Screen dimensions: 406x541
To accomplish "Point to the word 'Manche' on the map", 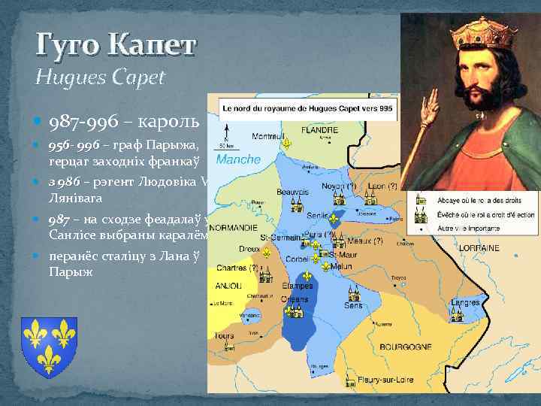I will [238, 159].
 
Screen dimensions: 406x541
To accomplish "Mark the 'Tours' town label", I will [223, 336].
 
